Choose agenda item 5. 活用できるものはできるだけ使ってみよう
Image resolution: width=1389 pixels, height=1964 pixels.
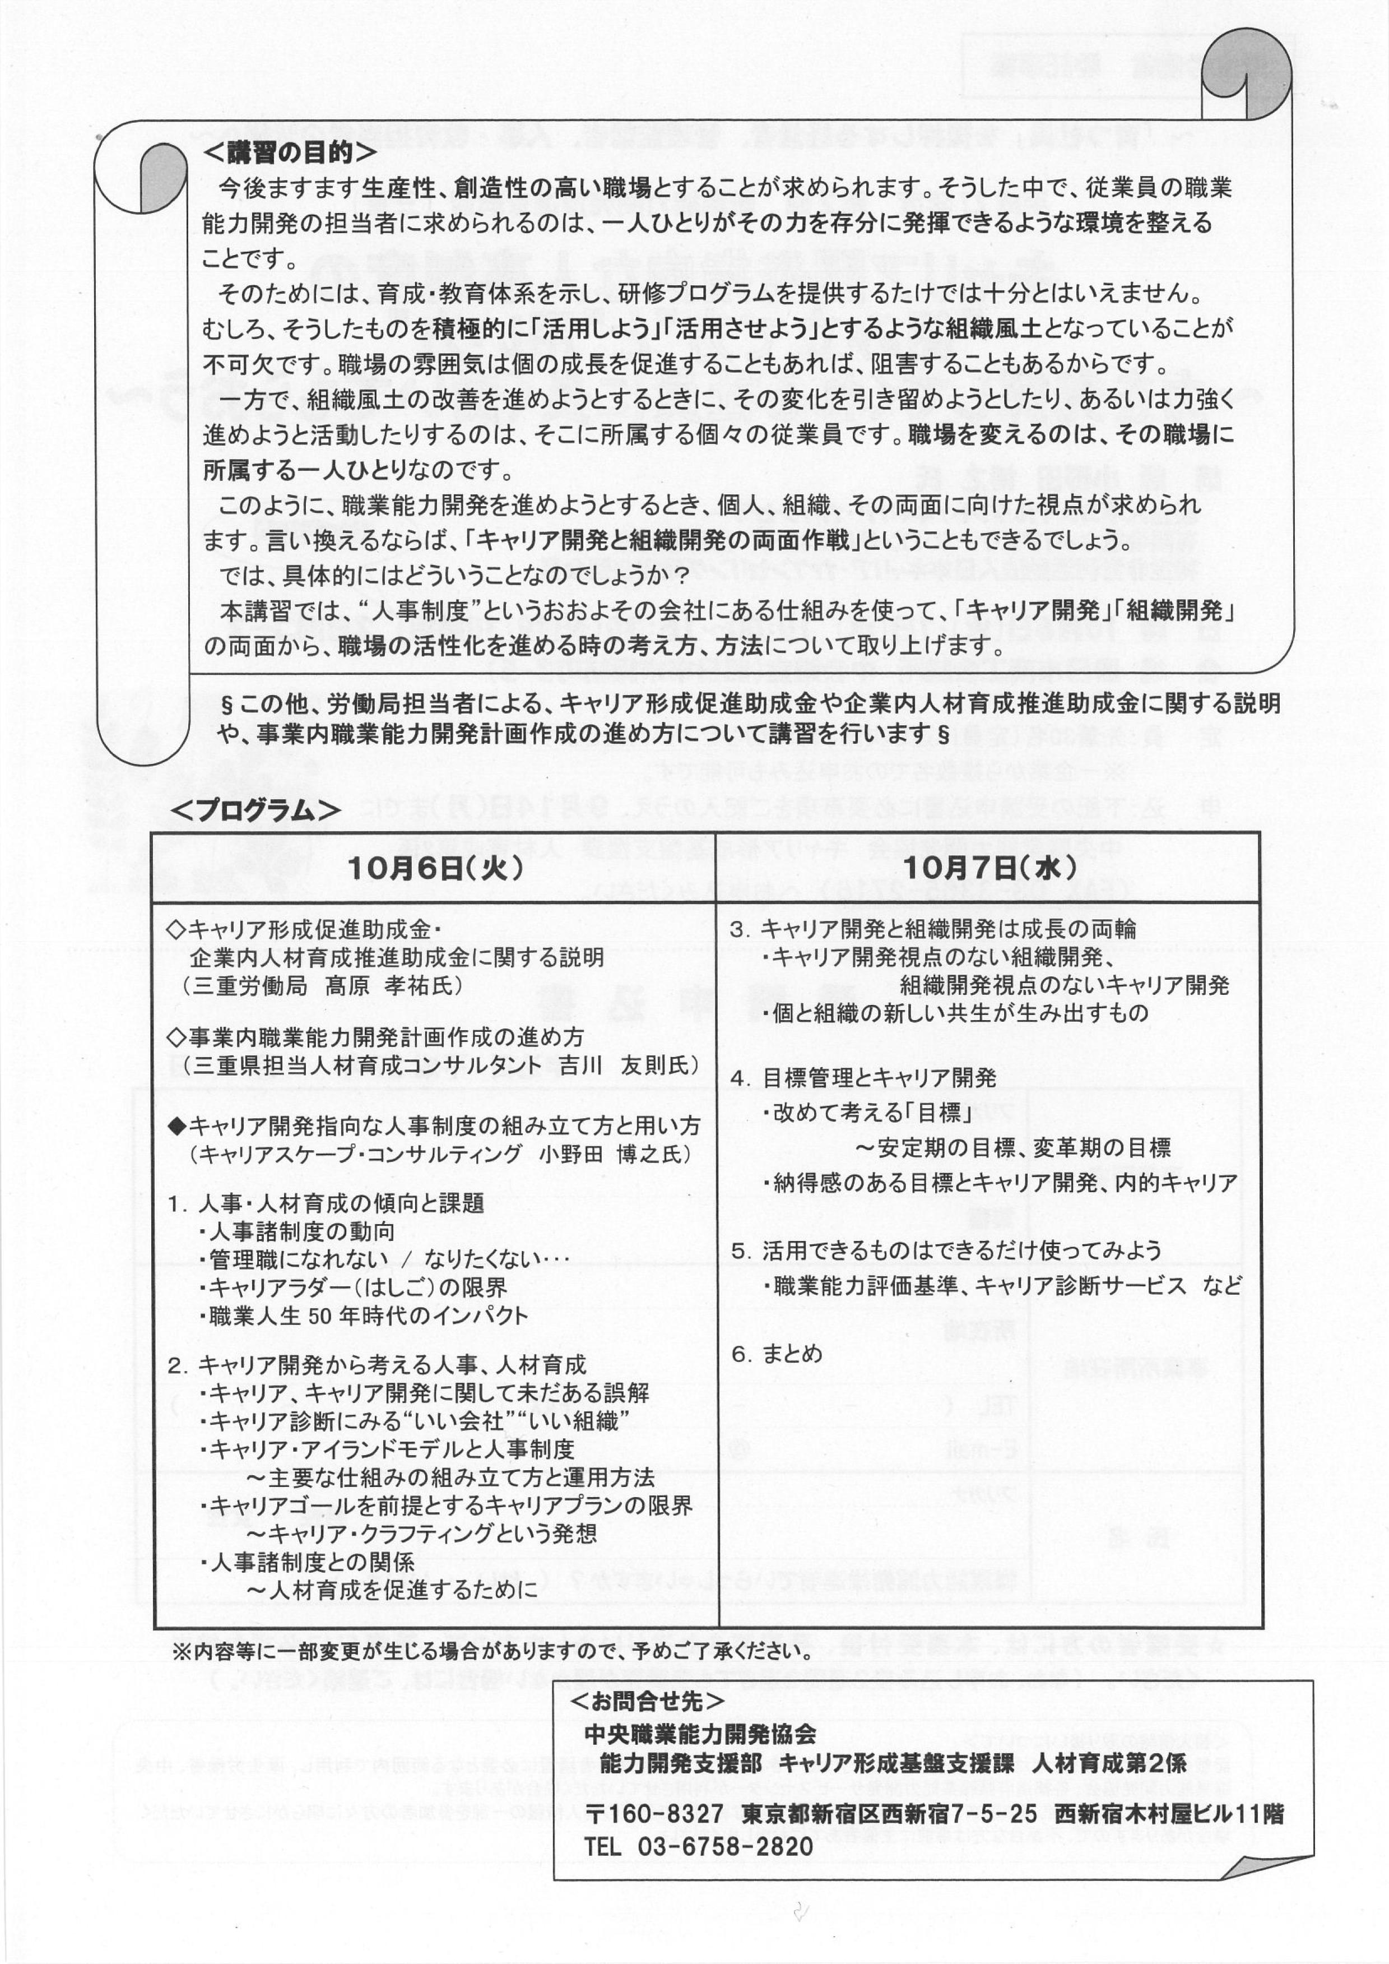click(945, 1250)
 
